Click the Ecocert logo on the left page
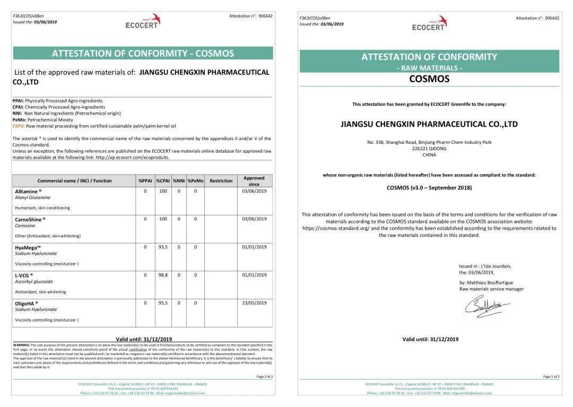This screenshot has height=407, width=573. [143, 21]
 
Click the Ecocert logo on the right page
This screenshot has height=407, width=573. [429, 23]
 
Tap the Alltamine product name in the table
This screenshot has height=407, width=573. [28, 191]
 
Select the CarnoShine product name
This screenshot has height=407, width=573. [30, 219]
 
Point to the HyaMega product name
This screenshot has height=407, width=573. [28, 247]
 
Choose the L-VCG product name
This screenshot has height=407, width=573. [23, 275]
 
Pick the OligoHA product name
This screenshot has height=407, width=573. [26, 303]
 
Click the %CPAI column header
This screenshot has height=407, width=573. [163, 181]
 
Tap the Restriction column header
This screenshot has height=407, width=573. [221, 181]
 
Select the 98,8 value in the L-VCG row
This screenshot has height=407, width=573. [163, 275]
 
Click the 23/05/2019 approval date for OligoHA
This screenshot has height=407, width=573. [254, 303]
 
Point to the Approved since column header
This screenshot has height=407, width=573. [254, 181]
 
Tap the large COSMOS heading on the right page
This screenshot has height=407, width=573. [429, 79]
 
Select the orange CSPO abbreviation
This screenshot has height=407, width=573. [19, 126]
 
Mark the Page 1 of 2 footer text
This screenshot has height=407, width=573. [551, 377]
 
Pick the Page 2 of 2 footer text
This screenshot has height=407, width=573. [264, 377]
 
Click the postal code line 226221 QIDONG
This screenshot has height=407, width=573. [429, 149]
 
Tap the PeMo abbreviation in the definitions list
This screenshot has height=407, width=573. [19, 120]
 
